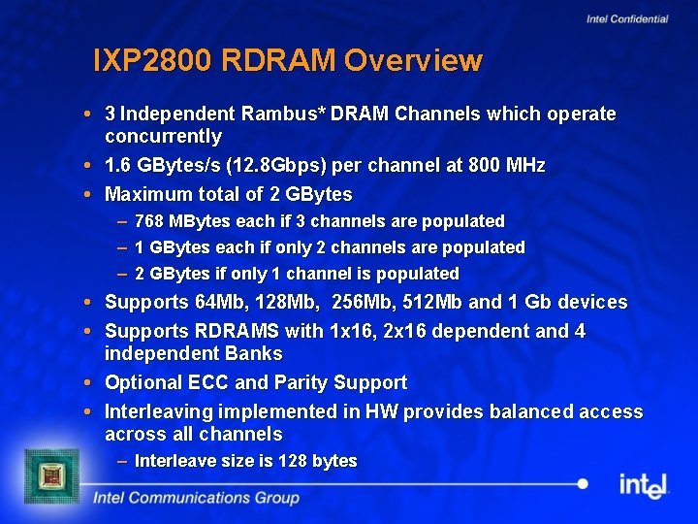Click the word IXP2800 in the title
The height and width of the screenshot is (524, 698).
[153, 61]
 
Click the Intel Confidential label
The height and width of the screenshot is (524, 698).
[627, 18]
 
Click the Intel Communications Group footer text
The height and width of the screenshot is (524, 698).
[196, 498]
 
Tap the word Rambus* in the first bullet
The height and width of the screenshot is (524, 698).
[287, 115]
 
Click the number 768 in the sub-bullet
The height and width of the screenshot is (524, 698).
[148, 221]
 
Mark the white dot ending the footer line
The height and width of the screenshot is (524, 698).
[583, 483]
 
